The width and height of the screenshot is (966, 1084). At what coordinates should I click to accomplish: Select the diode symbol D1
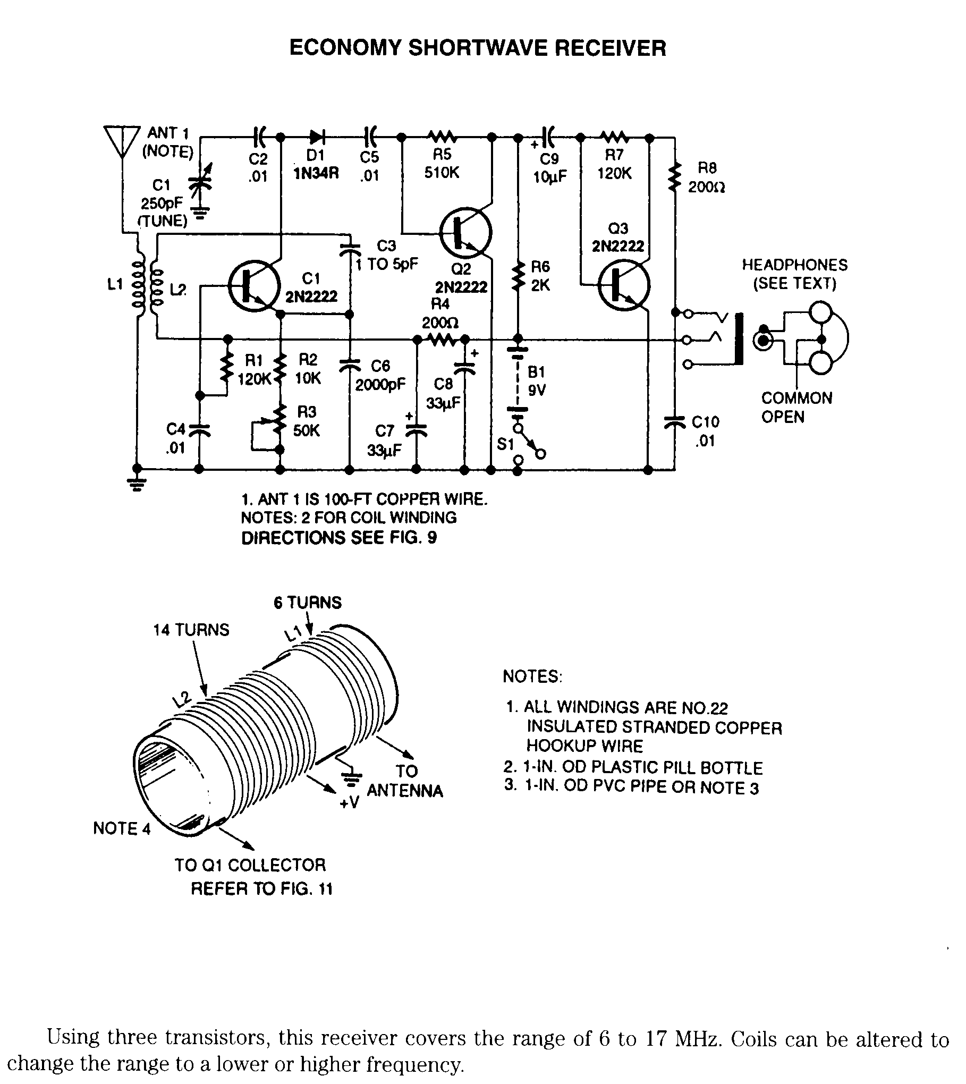click(x=318, y=137)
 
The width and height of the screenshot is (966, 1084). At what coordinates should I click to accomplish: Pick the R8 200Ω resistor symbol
click(x=675, y=178)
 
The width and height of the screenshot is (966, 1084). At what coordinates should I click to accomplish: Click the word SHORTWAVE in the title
click(x=478, y=48)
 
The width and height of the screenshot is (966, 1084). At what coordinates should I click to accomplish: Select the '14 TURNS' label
click(x=191, y=630)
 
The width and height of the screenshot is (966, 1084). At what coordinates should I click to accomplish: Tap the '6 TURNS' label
click(x=308, y=603)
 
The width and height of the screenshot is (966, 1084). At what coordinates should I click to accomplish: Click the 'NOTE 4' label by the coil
click(x=122, y=828)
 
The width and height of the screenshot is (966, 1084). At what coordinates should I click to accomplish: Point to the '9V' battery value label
click(x=537, y=391)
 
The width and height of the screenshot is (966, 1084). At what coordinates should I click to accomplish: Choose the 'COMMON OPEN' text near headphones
click(x=796, y=408)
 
